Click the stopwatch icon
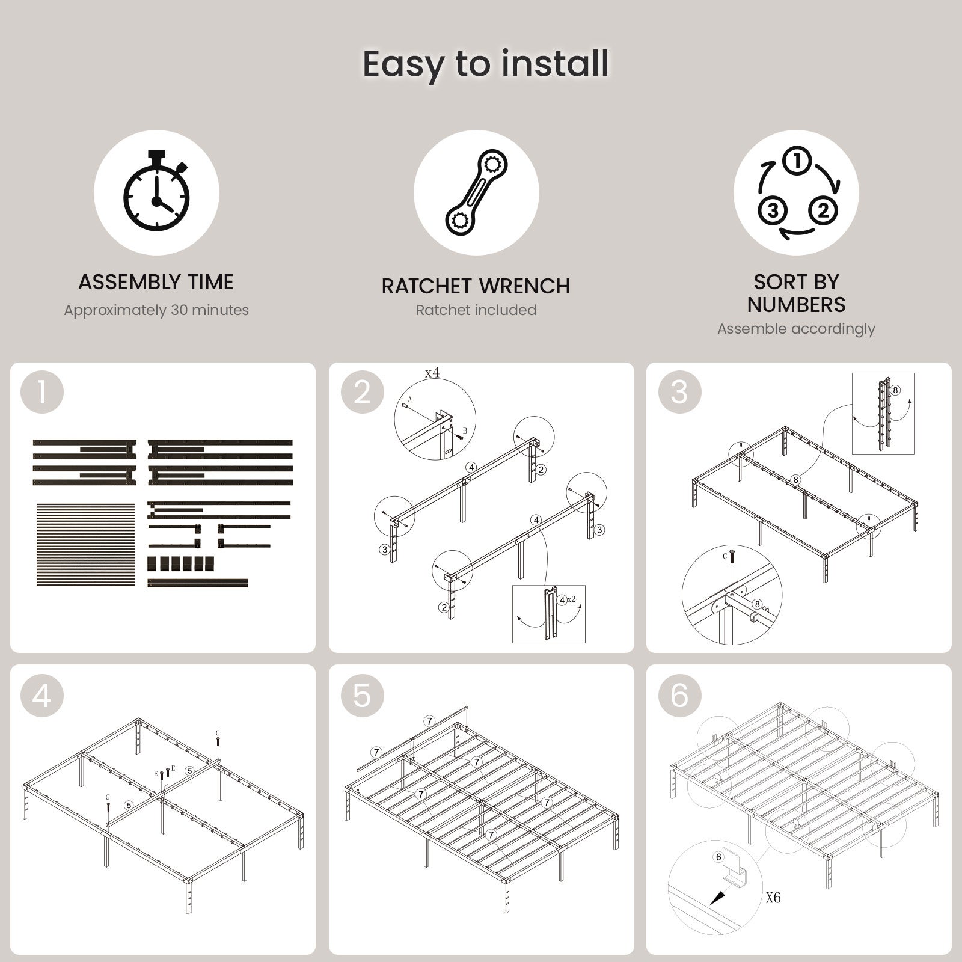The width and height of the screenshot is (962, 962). (156, 189)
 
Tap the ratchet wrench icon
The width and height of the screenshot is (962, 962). (477, 192)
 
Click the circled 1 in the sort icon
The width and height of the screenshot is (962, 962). (797, 161)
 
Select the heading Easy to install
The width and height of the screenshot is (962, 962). (486, 64)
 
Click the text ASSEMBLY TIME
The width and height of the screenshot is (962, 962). (156, 282)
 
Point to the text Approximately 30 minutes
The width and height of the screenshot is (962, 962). (156, 310)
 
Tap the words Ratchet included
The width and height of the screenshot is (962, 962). (476, 310)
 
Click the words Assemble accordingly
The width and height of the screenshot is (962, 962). (796, 329)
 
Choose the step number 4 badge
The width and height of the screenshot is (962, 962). (42, 696)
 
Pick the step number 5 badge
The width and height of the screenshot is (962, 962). (363, 696)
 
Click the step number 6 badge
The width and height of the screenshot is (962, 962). (679, 696)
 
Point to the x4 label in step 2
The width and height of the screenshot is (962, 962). (432, 373)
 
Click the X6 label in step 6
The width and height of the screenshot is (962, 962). (773, 898)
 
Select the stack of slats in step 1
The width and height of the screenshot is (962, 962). (86, 545)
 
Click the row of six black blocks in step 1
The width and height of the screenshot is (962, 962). (180, 563)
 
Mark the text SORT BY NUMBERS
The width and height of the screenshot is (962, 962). (796, 293)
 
